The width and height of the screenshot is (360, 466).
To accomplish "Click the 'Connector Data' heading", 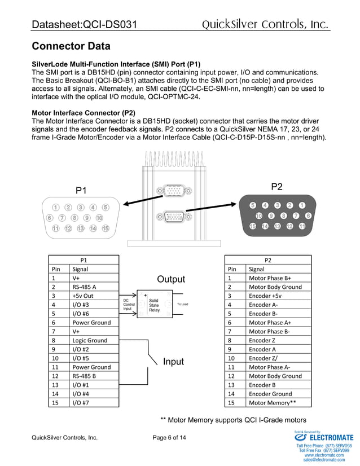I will click(x=71, y=46).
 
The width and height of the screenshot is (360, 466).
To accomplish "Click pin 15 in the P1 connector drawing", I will click(x=106, y=228).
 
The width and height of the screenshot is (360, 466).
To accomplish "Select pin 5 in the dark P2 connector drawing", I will click(x=253, y=205).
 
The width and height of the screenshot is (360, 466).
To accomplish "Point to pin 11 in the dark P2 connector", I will click(x=302, y=226).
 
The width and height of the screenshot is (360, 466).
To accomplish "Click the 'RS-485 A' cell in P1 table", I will click(x=84, y=287).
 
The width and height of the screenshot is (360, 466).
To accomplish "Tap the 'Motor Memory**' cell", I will click(x=273, y=402).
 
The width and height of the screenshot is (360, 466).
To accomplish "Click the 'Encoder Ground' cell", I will click(x=271, y=394).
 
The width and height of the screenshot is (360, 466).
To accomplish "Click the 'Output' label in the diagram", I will click(x=170, y=279).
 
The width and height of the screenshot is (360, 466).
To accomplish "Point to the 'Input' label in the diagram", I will click(x=173, y=361).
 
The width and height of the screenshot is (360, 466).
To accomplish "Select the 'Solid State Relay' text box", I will click(x=154, y=305).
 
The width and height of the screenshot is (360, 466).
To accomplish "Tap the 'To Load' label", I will click(x=182, y=305).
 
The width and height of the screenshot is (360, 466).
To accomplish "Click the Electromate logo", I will click(x=324, y=437).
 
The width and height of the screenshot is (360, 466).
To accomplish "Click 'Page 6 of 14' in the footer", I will click(x=169, y=438).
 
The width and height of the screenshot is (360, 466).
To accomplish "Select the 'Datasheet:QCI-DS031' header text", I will click(x=85, y=25).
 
